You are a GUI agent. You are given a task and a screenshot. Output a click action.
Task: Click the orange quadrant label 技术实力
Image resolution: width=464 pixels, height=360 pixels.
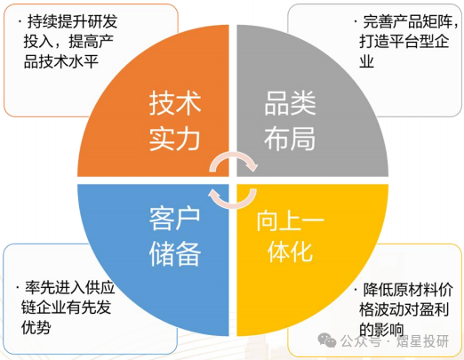(x=175, y=121)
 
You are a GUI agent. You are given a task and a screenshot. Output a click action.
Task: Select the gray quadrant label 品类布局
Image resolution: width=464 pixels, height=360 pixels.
(x=290, y=121)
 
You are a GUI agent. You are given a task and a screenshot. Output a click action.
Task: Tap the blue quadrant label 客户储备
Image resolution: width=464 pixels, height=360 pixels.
(x=175, y=236)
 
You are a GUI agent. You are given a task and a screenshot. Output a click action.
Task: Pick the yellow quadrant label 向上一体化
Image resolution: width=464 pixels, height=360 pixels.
(x=290, y=236)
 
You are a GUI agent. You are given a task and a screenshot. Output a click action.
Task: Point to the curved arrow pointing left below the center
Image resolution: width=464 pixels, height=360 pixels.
(x=234, y=204)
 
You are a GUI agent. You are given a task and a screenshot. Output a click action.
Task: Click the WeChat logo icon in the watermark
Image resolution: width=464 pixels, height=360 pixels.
(x=327, y=340)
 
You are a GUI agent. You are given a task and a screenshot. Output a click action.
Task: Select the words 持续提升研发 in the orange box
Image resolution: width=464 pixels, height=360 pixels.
(x=72, y=21)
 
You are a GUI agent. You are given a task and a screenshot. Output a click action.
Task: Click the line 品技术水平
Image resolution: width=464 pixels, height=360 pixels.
(x=61, y=62)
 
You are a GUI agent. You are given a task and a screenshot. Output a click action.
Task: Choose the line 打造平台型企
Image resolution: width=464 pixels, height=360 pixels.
(x=404, y=41)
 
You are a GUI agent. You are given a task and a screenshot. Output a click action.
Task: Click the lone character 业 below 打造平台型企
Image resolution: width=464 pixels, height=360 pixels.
(x=366, y=62)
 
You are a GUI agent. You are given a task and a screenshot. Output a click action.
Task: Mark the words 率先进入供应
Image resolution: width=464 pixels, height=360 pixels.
(x=69, y=287)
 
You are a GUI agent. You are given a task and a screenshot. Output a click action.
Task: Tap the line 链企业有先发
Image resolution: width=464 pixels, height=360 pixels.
(x=66, y=308)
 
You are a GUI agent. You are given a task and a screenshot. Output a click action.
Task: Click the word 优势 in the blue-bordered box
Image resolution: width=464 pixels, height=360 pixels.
(x=36, y=327)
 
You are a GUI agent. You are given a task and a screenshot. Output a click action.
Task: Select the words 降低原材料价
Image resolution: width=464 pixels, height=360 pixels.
(x=408, y=290)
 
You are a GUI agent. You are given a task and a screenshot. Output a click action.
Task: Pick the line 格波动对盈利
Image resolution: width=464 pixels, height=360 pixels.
(x=404, y=309)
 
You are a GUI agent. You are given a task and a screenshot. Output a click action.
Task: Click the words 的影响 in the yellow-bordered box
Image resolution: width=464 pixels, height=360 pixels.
(x=381, y=330)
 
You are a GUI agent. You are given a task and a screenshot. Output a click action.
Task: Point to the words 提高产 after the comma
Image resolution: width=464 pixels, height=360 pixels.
(x=92, y=41)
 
